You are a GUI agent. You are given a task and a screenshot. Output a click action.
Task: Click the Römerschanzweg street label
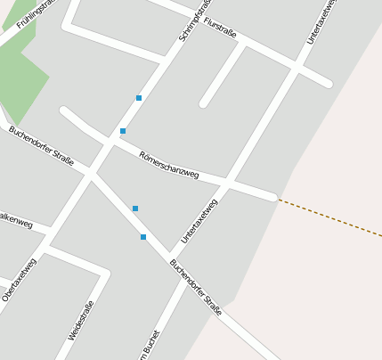click(x=169, y=165)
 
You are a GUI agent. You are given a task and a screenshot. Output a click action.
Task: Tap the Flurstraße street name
click(x=220, y=27)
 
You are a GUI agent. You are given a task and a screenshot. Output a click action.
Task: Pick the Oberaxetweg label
click(x=19, y=280)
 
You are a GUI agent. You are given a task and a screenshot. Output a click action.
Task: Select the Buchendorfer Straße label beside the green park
click(x=41, y=145)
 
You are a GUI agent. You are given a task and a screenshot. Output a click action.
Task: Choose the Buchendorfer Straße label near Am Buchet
click(x=195, y=287)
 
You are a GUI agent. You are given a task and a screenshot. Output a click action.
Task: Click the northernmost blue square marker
click(x=139, y=97)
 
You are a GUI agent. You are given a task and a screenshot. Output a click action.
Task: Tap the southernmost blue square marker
click(x=143, y=237)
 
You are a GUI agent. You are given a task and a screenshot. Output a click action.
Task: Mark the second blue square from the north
click(x=123, y=131)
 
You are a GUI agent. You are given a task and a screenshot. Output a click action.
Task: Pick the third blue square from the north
click(x=135, y=209)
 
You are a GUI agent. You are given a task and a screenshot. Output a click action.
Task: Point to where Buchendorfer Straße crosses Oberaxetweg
click(x=91, y=173)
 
